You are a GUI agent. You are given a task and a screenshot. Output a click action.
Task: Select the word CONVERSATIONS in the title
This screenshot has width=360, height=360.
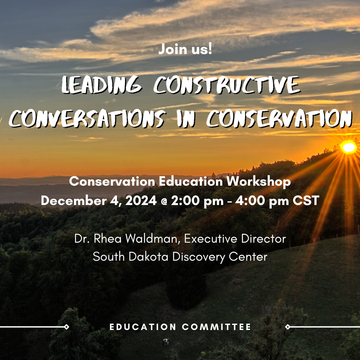click(87, 118)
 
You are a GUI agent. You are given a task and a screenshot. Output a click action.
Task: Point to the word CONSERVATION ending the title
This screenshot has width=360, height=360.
click(279, 118)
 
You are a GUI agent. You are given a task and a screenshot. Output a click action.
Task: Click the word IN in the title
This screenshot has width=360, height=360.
click(186, 118)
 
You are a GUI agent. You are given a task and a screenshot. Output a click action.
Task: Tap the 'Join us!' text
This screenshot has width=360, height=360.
click(185, 49)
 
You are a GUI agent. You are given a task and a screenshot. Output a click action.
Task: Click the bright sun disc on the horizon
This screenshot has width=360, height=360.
click(349, 147)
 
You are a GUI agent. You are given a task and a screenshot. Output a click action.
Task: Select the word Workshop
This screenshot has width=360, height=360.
click(259, 182)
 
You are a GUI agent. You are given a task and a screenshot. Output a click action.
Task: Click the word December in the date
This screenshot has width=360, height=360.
click(74, 200)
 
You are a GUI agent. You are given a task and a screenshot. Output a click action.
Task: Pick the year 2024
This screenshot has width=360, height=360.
click(141, 200)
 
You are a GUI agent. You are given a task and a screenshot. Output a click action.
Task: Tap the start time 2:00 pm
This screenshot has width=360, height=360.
click(197, 201)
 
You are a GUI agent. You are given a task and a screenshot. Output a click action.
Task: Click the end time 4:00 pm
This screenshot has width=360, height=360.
click(262, 201)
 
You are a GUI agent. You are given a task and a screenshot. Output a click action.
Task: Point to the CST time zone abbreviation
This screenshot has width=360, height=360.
click(306, 200)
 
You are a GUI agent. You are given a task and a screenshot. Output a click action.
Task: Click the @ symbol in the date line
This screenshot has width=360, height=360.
click(164, 201)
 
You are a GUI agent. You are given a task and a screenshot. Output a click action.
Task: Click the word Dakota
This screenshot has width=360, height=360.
click(148, 256)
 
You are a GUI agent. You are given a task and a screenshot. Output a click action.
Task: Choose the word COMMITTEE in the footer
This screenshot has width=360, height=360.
click(217, 327)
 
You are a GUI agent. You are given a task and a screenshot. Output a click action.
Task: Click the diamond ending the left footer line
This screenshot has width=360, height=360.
click(66, 327)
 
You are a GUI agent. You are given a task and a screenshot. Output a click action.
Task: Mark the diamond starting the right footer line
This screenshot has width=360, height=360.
click(288, 327)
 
